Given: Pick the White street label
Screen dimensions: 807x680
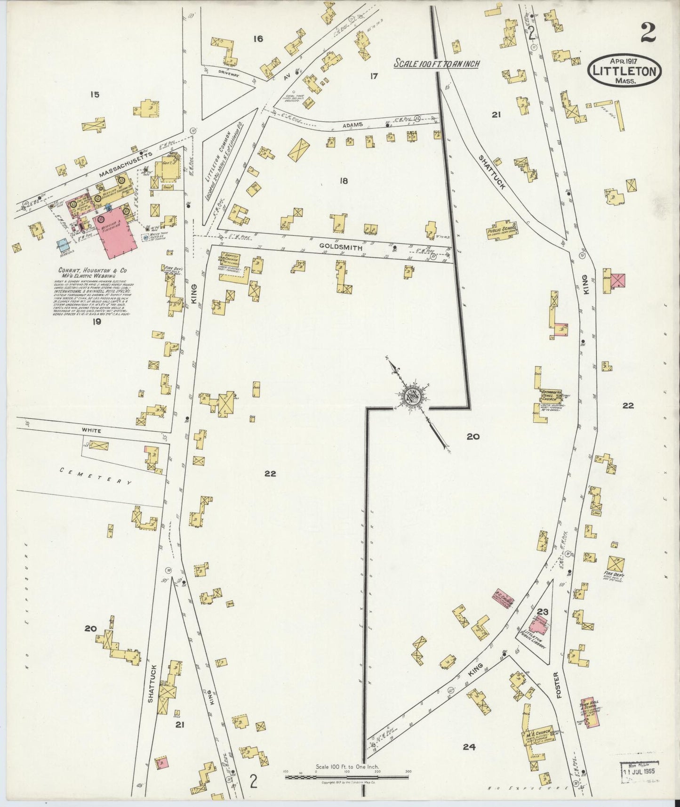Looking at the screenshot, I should click(x=91, y=430).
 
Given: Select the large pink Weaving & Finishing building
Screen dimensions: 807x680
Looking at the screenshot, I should click(x=115, y=235).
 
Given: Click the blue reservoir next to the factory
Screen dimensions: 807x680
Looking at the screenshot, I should click(x=63, y=245).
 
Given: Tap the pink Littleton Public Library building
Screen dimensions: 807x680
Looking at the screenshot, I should click(x=538, y=625).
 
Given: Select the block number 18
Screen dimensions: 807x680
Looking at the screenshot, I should click(x=344, y=180).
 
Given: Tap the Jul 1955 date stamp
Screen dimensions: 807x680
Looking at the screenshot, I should click(x=639, y=773).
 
